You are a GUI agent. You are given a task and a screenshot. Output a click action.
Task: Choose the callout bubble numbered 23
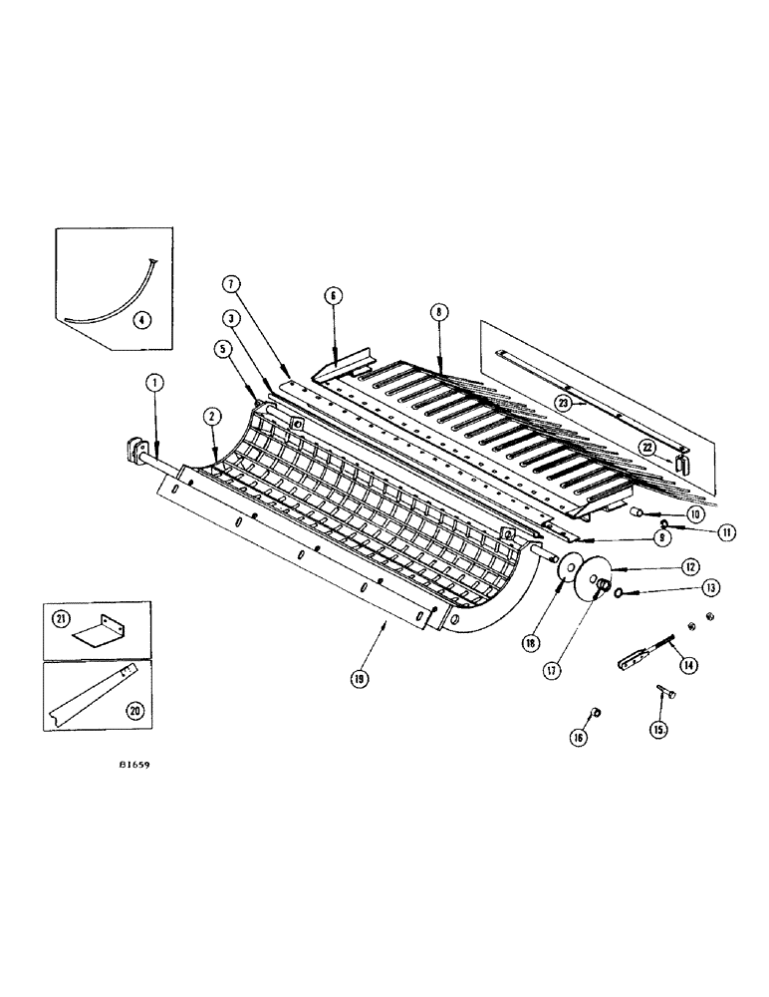point(567,402)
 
